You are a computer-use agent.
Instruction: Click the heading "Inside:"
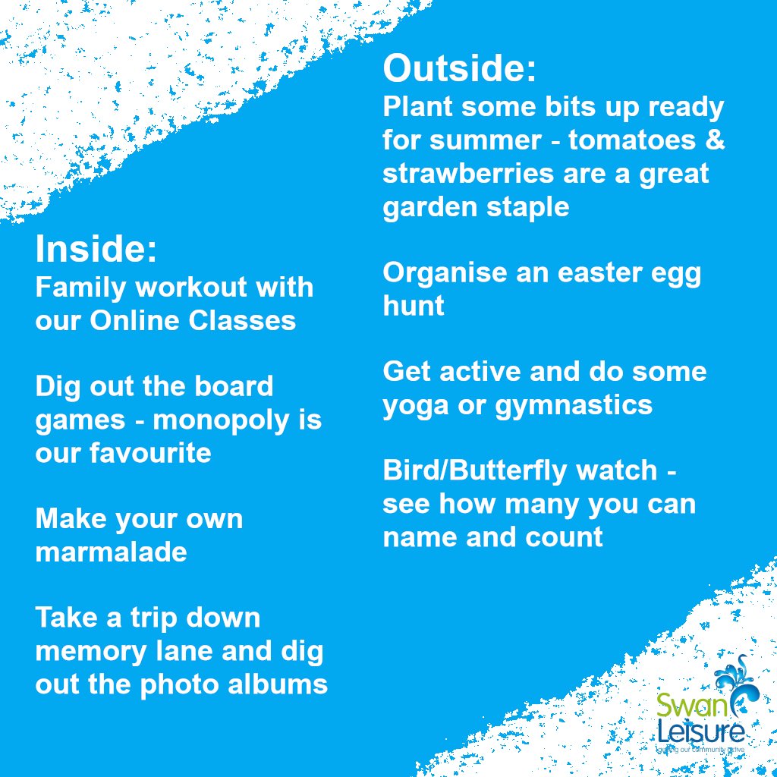coord(96,250)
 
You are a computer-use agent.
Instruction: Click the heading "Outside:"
coord(460,70)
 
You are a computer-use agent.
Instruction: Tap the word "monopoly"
coord(231,420)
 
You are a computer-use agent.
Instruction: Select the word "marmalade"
coord(111,552)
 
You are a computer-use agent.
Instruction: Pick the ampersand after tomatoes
coord(716,140)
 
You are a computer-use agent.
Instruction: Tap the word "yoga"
coord(414,406)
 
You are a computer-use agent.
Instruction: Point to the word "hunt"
coord(414,306)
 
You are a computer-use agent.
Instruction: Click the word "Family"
coord(80,288)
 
